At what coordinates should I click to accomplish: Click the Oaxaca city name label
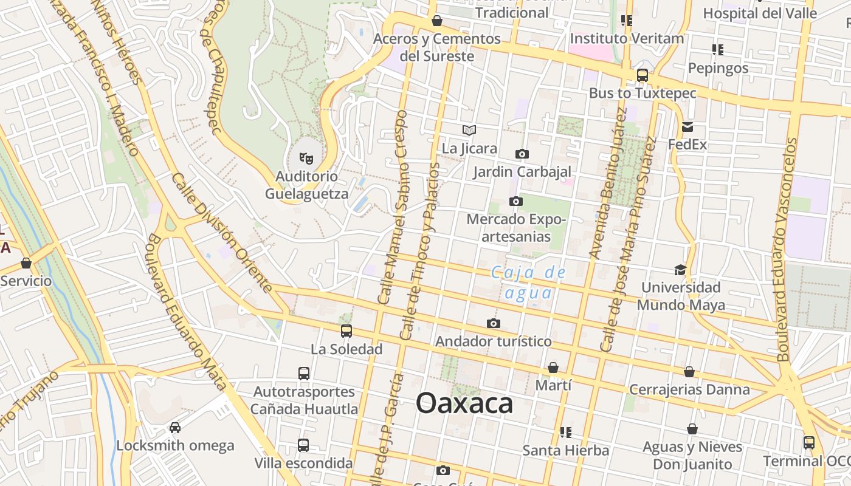tap(464, 403)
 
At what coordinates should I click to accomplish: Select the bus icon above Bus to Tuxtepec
tap(642, 75)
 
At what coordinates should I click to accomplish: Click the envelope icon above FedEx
tap(687, 127)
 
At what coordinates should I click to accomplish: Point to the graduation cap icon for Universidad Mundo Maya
tap(680, 270)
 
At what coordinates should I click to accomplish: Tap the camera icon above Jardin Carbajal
tap(522, 154)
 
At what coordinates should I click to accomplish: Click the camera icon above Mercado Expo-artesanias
tap(515, 201)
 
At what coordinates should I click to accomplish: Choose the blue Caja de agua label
tap(528, 283)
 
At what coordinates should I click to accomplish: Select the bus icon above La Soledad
tap(346, 331)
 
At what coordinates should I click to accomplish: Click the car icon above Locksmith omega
tap(175, 427)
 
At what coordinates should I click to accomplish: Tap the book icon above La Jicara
tap(469, 130)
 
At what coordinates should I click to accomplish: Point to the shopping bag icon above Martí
tap(553, 368)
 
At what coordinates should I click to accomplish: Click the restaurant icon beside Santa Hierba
tap(566, 432)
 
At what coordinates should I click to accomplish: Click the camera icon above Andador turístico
tap(494, 323)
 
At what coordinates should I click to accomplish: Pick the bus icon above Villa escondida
tap(303, 445)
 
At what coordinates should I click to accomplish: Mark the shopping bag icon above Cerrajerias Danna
tap(689, 372)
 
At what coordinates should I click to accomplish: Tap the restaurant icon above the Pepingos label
tap(717, 49)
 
